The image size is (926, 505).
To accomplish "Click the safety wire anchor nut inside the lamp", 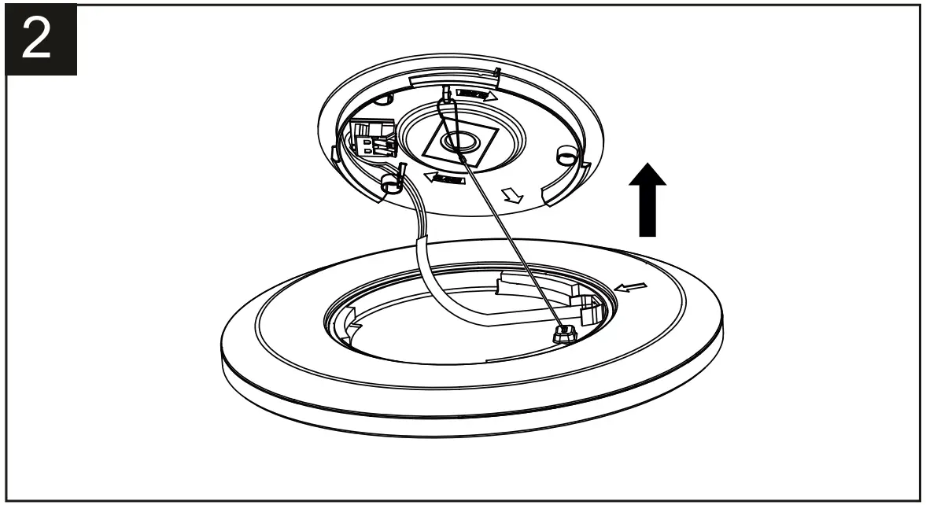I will pyautogui.click(x=563, y=334).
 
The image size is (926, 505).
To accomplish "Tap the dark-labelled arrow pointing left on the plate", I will pyautogui.click(x=445, y=178).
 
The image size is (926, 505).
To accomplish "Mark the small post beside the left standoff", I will pyautogui.click(x=402, y=175).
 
